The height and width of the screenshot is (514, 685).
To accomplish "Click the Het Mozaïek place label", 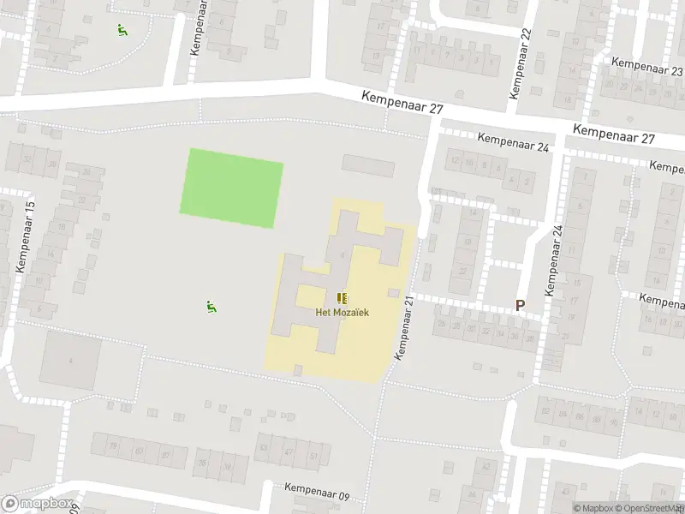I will (x=342, y=313).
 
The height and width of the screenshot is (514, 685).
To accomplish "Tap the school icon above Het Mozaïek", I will (x=342, y=298).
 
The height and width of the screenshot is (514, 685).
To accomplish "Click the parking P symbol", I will (x=519, y=305).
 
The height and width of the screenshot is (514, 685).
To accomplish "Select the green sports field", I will (x=231, y=188).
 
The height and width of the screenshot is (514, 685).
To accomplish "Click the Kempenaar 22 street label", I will (x=520, y=64).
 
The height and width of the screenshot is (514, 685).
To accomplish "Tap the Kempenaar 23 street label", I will (x=647, y=67).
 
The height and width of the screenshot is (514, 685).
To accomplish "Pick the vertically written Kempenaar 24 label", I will (x=554, y=257).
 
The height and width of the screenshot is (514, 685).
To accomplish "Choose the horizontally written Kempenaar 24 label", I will (x=513, y=141).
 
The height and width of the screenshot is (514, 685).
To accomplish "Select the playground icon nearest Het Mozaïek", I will (x=211, y=306).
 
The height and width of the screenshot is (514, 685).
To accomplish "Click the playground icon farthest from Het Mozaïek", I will (x=122, y=30).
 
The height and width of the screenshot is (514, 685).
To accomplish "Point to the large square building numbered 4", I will (x=70, y=361).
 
